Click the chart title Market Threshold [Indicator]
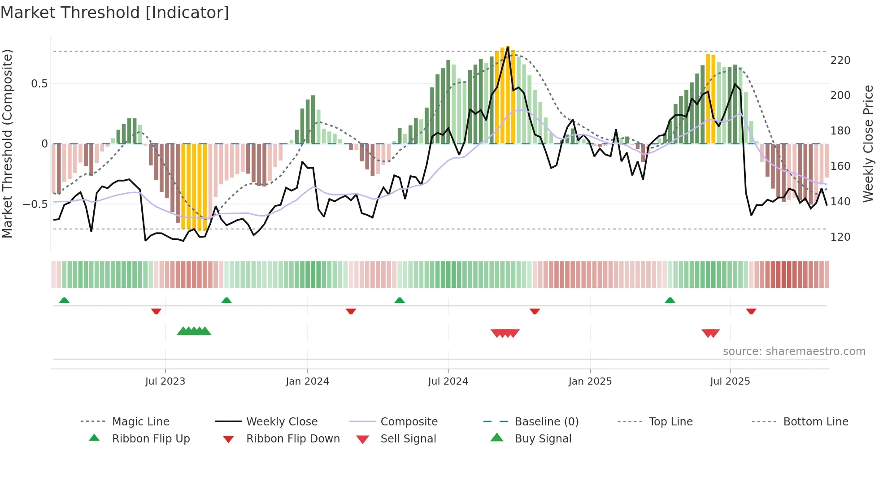115,13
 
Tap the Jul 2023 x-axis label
165,381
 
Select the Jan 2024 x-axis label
307,381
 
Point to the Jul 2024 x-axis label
448,381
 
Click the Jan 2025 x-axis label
590,381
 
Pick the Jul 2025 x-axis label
730,381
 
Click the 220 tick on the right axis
840,61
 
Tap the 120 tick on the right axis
840,237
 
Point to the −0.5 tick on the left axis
35,204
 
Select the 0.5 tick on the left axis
39,84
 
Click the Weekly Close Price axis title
868,143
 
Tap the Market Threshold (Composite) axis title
7,143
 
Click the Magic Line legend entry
140,422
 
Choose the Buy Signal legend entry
543,439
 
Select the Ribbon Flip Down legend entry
292,439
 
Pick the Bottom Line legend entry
815,422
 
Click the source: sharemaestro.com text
794,351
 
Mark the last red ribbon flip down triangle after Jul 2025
751,311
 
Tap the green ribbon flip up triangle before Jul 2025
670,300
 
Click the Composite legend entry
409,422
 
